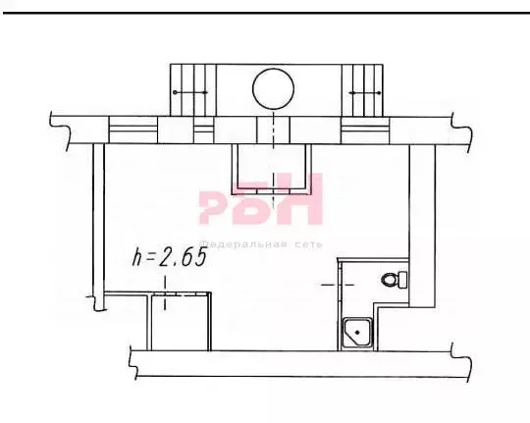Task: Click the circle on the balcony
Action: pyautogui.click(x=273, y=69)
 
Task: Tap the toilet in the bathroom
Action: pyautogui.click(x=395, y=280)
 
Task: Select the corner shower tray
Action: pyautogui.click(x=357, y=333)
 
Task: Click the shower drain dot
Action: pyautogui.click(x=357, y=333)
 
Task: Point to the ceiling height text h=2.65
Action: pyautogui.click(x=170, y=256)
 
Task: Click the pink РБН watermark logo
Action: pyautogui.click(x=261, y=199)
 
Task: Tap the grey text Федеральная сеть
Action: pyautogui.click(x=261, y=244)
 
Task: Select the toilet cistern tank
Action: pyautogui.click(x=402, y=280)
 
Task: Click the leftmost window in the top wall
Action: pyautogui.click(x=133, y=131)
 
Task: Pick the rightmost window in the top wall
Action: pyautogui.click(x=365, y=131)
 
